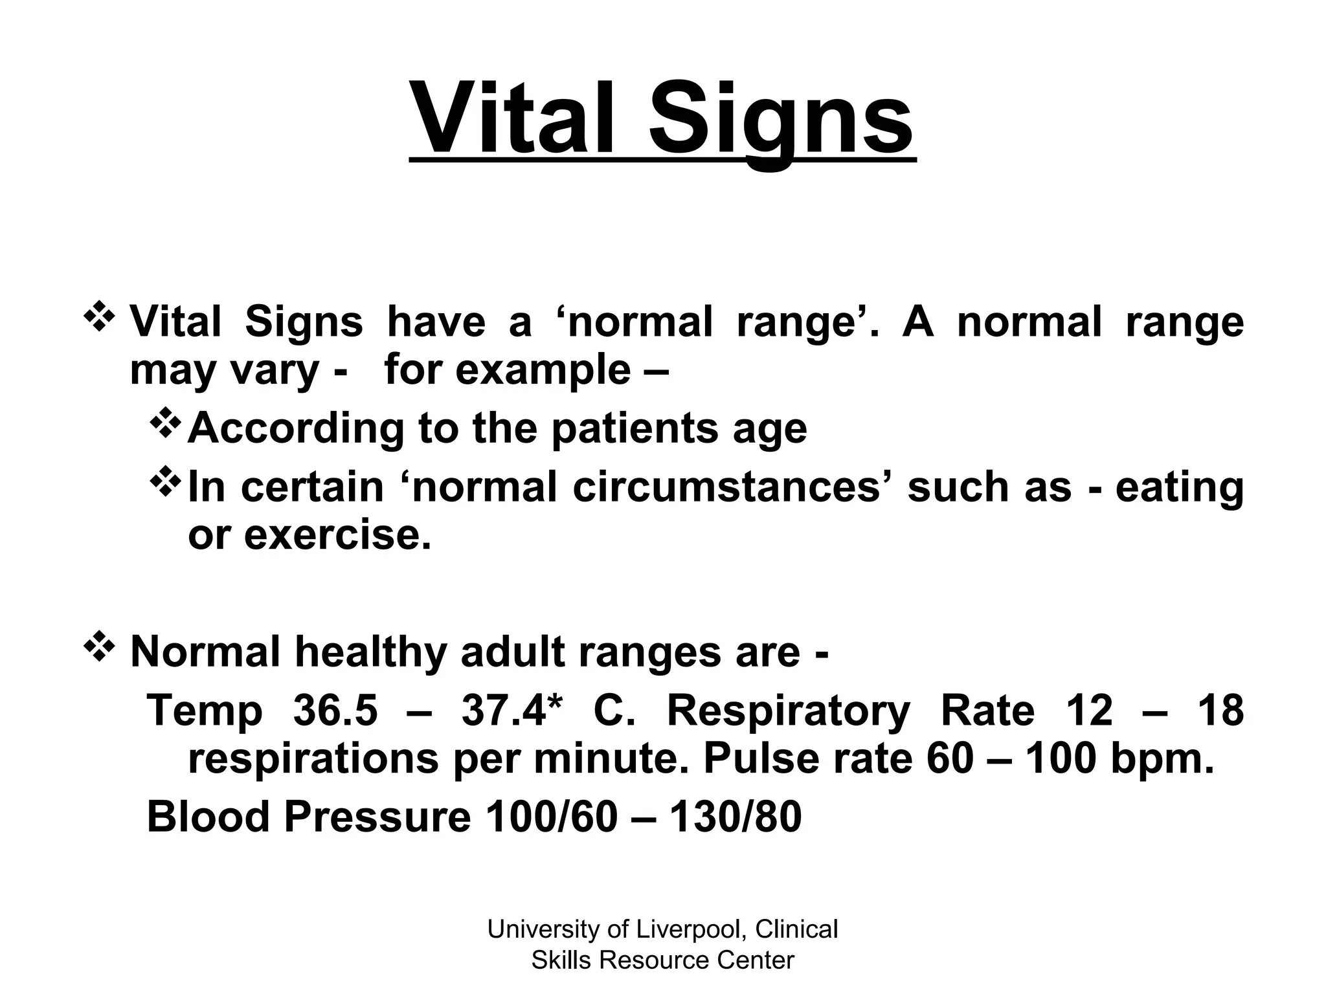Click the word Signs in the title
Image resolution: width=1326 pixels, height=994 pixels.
click(x=781, y=123)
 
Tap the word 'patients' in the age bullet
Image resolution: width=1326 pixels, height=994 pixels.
click(x=635, y=428)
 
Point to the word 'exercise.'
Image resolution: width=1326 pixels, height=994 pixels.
click(x=337, y=535)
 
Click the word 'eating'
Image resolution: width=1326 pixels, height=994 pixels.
click(x=1179, y=489)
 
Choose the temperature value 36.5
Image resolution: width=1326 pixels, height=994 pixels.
click(x=335, y=711)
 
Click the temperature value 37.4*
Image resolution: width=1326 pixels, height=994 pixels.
click(x=512, y=711)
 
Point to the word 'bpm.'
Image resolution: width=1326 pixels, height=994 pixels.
click(x=1162, y=761)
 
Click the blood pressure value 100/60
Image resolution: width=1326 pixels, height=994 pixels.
click(x=552, y=817)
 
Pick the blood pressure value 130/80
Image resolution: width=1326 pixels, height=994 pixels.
click(x=735, y=817)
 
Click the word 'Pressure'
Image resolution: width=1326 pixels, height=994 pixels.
click(x=377, y=817)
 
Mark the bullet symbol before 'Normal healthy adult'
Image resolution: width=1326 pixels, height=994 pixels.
click(x=100, y=648)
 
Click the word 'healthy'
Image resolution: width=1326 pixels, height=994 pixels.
click(x=370, y=653)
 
